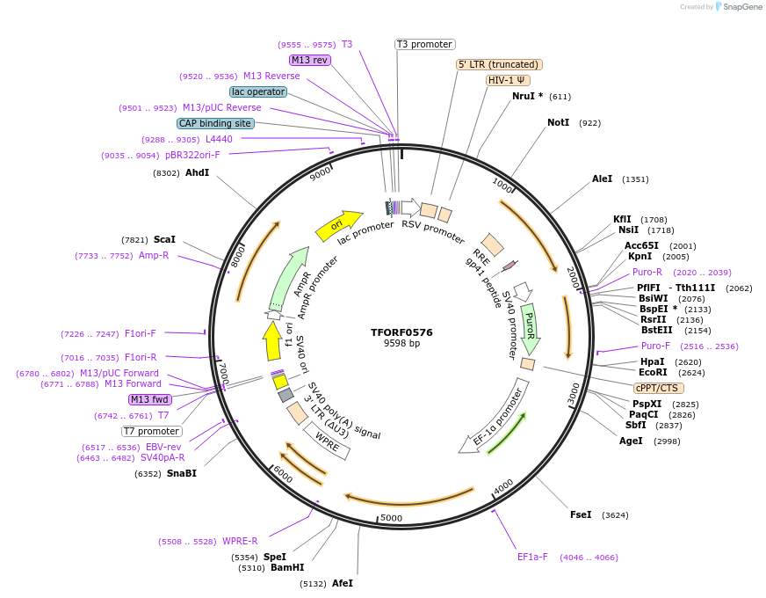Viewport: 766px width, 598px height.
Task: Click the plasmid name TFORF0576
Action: pos(401,332)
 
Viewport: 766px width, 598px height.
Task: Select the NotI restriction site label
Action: pos(558,122)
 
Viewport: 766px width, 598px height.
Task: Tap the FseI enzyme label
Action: pos(581,514)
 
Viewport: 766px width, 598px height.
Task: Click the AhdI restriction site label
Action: pos(197,172)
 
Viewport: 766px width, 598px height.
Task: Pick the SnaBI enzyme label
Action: pos(181,473)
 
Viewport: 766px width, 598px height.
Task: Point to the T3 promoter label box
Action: pos(424,44)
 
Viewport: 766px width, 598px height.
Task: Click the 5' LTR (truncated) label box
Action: pos(499,64)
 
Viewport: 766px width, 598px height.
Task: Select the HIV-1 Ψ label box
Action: pos(507,80)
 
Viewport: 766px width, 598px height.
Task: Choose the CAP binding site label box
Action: pos(215,123)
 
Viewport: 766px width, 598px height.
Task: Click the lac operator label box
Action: pos(257,91)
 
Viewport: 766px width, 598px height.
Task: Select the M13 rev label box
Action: pos(309,60)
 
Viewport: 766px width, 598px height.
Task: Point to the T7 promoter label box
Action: pos(152,431)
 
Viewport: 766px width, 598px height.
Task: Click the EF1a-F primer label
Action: pos(532,557)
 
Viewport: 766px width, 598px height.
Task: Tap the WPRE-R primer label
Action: pos(240,541)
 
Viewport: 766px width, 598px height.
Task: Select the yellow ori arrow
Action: pos(339,225)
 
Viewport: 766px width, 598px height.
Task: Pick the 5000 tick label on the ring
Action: pos(391,518)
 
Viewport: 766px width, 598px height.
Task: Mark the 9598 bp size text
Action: pos(401,344)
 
